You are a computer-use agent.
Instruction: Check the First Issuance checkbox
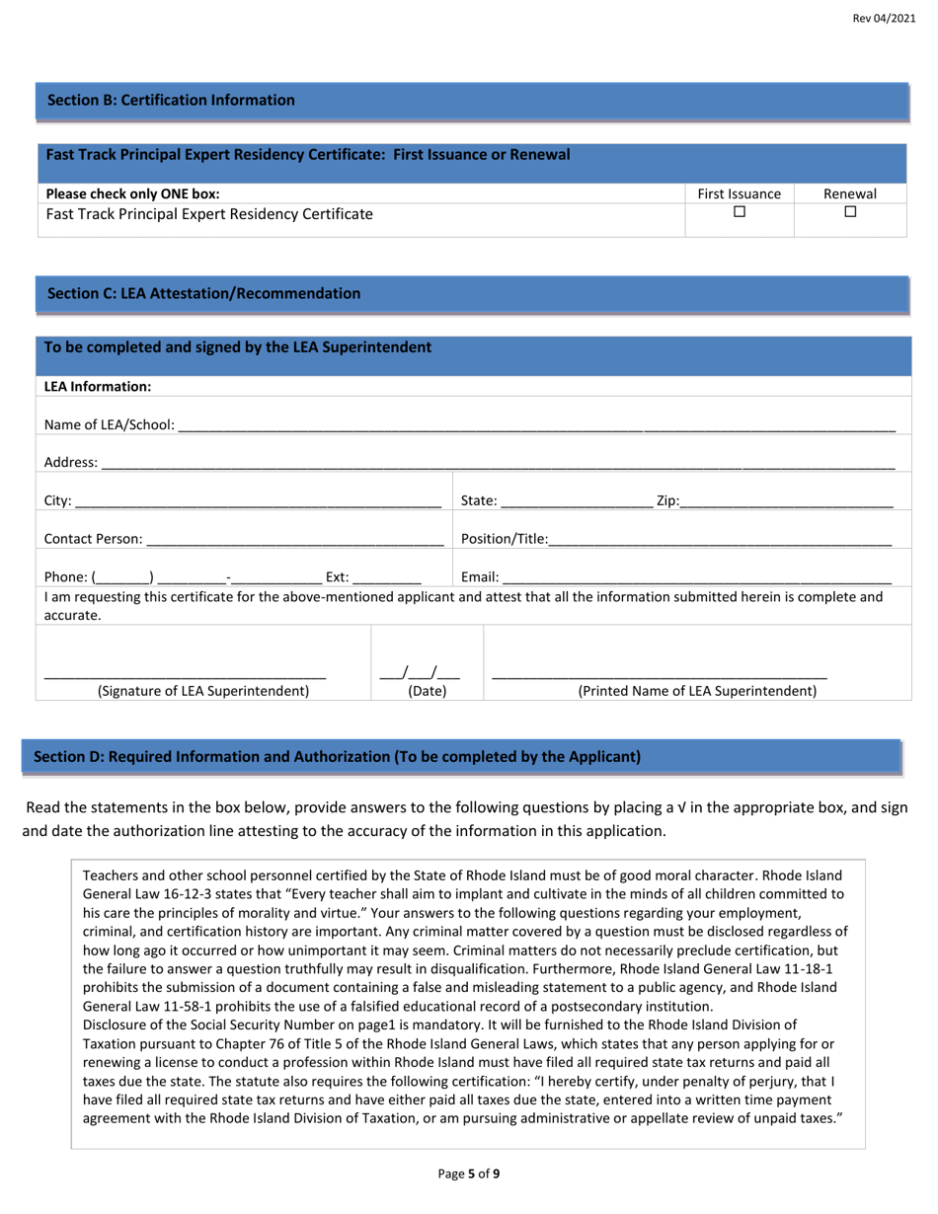pyautogui.click(x=739, y=212)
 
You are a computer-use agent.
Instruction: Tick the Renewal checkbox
pyautogui.click(x=850, y=212)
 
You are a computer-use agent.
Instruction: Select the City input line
pyautogui.click(x=258, y=502)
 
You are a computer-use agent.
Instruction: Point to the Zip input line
pyautogui.click(x=786, y=502)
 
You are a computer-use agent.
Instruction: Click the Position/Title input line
pyautogui.click(x=720, y=540)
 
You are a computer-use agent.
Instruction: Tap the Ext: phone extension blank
pyautogui.click(x=387, y=577)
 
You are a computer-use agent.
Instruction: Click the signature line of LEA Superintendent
pyautogui.click(x=185, y=673)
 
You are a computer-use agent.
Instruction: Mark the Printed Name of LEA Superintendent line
pyautogui.click(x=659, y=673)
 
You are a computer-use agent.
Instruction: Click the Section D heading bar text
pyautogui.click(x=337, y=757)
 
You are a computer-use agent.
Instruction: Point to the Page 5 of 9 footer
pyautogui.click(x=469, y=1174)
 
